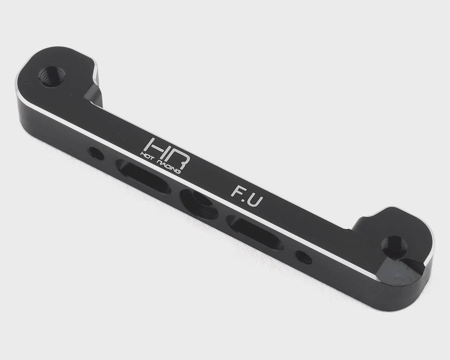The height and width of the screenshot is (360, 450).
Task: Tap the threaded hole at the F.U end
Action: (394, 244)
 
